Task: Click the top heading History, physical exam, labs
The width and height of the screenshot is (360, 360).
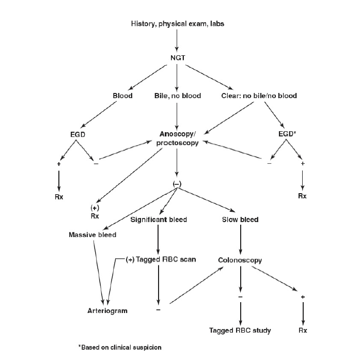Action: [x=177, y=24]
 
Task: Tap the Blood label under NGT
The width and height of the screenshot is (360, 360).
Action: [x=122, y=96]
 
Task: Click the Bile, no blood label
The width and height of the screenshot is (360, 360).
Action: [x=177, y=96]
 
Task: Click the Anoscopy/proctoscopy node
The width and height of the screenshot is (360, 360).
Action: [x=177, y=138]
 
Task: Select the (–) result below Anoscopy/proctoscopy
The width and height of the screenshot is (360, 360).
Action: [x=177, y=184]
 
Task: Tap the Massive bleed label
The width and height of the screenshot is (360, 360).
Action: [x=92, y=235]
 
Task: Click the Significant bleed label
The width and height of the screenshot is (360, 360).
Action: [x=159, y=220]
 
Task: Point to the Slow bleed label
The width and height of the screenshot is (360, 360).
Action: [x=241, y=220]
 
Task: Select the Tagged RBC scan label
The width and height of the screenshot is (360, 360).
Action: [x=161, y=259]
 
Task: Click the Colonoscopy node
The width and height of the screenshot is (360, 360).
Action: [x=241, y=260]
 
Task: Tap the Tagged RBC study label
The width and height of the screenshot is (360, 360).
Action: [x=240, y=331]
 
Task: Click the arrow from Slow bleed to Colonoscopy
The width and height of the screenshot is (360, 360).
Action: [x=241, y=240]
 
